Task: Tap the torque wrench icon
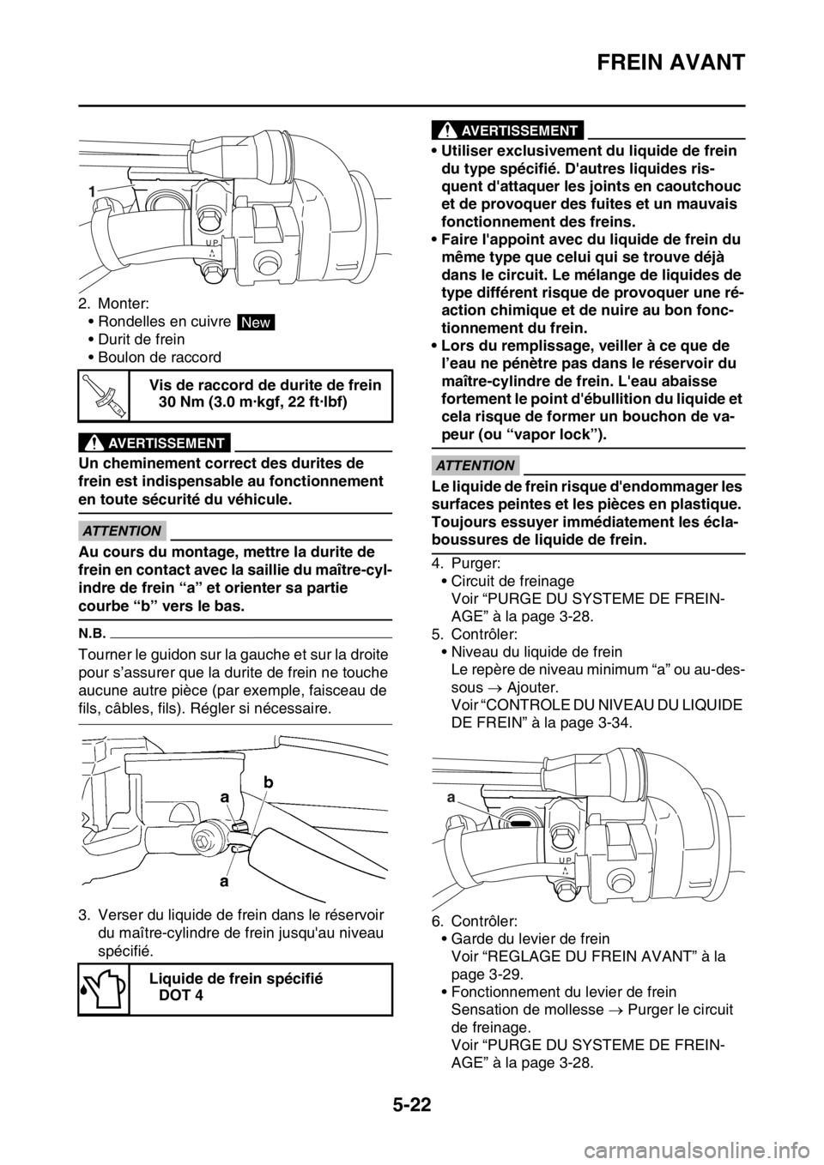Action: tap(103, 394)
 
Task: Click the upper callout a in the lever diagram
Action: tap(225, 797)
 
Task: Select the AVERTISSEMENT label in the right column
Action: tap(518, 130)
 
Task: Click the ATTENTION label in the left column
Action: tap(123, 530)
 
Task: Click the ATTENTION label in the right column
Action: tap(475, 465)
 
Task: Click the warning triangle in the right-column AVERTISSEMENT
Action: tap(449, 130)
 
